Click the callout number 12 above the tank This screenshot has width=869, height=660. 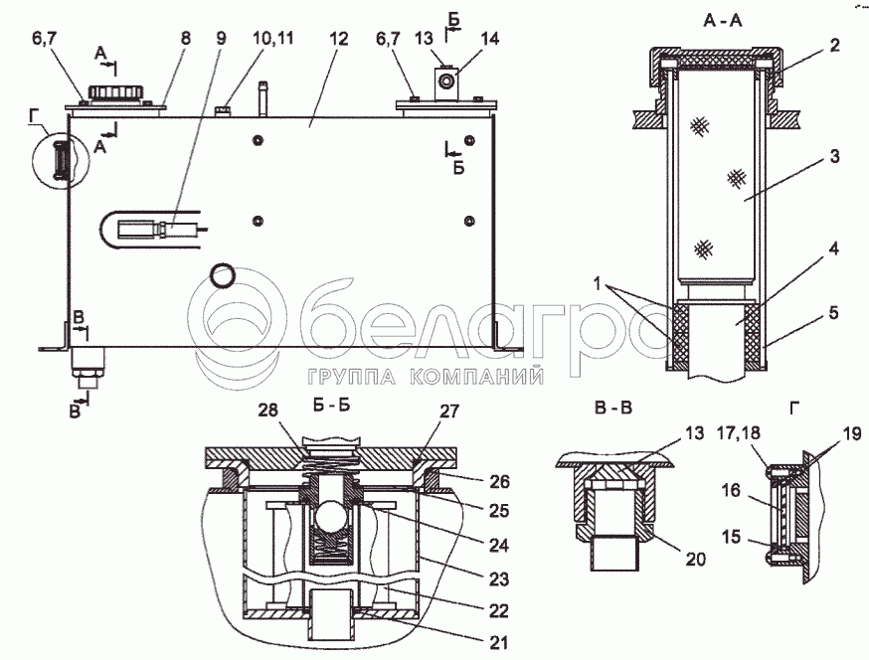click(338, 39)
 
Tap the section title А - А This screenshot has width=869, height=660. click(723, 21)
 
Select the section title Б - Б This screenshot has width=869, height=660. click(329, 406)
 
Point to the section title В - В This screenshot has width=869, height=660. click(612, 408)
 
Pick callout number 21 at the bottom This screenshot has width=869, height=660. click(498, 642)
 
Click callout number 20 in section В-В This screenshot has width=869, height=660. click(696, 559)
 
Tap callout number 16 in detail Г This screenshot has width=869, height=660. click(731, 490)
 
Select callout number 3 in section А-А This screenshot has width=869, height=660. click(834, 156)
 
